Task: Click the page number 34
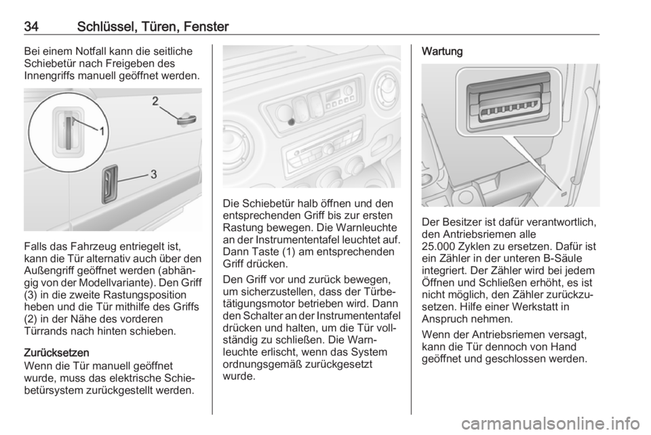pos(32,27)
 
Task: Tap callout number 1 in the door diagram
pos(101,131)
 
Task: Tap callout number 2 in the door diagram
pos(155,101)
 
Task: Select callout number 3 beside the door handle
pos(154,174)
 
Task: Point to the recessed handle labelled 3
pos(110,184)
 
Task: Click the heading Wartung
pos(442,51)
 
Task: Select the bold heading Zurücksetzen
pos(56,353)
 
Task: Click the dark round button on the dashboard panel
pos(292,121)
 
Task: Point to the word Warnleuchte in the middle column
pos(367,228)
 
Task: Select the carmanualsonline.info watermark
pos(550,423)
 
